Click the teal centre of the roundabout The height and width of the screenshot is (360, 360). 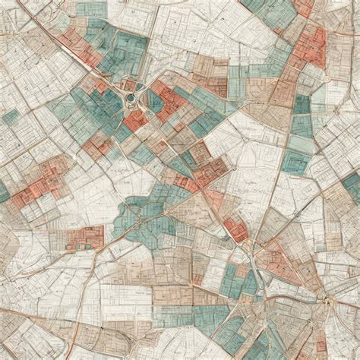[x=130, y=98]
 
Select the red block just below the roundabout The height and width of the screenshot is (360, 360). [x=135, y=120]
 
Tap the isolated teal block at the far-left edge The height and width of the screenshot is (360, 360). [x=11, y=117]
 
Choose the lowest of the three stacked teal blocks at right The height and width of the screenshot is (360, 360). [x=297, y=163]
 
